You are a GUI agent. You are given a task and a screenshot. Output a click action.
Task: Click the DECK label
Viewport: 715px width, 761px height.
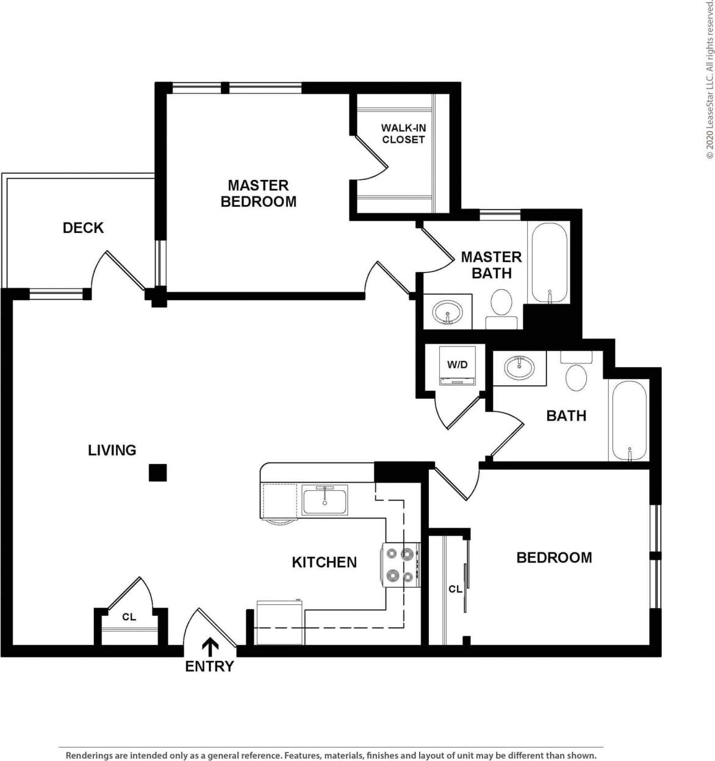83,228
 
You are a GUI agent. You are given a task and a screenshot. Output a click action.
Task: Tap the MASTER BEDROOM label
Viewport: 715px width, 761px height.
258,193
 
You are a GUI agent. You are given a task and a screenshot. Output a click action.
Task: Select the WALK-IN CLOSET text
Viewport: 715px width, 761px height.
403,134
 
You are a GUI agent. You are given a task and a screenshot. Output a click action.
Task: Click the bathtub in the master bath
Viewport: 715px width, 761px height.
550,263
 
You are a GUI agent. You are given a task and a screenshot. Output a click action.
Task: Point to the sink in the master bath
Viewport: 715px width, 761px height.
447,313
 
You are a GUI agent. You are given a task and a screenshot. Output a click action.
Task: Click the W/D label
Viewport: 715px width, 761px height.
457,365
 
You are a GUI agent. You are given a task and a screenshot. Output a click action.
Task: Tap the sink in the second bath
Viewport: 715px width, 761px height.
519,368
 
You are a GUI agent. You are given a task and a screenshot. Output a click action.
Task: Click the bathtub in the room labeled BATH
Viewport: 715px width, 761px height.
628,421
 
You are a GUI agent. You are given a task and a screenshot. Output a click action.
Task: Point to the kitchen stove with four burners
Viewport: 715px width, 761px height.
401,565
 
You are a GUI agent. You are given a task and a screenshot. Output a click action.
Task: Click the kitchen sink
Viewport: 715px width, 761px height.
325,501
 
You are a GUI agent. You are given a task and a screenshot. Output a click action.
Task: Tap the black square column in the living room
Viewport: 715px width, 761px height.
158,473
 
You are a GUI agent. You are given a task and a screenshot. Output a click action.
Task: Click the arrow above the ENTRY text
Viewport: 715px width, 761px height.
210,647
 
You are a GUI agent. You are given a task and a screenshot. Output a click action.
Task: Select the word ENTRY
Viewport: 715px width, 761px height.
209,666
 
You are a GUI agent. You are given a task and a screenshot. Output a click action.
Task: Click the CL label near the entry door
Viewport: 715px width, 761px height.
129,617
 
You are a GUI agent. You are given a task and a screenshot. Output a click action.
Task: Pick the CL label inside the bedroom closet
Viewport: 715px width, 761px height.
455,589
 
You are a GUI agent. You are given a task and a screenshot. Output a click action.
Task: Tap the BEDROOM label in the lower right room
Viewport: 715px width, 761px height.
554,558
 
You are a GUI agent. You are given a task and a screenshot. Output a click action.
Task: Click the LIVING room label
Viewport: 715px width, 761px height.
112,451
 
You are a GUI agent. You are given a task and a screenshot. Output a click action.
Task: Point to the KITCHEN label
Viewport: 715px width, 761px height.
324,562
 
